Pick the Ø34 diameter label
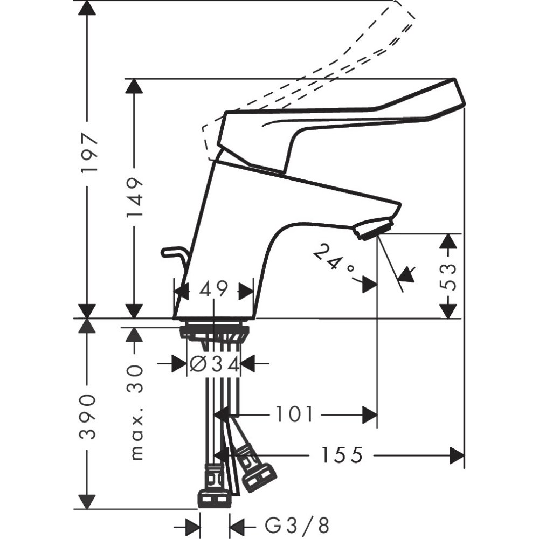[x=214, y=364]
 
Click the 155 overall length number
[x=341, y=455]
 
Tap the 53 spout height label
[x=448, y=277]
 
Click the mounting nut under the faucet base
[x=214, y=332]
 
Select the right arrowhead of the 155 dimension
[x=457, y=455]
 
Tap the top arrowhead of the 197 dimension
[x=87, y=8]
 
